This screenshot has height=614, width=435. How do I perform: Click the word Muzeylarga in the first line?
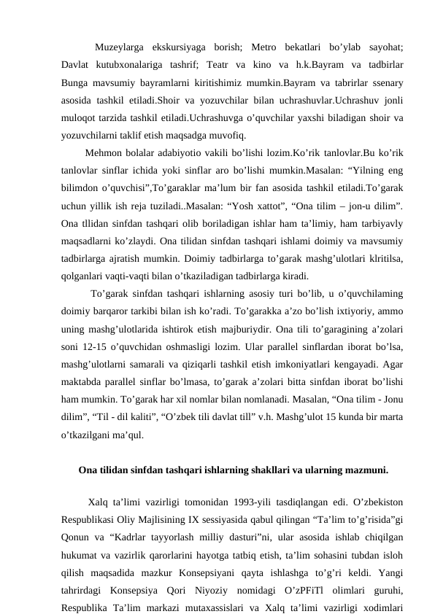point(120,48)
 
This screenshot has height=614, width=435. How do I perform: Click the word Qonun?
point(77,536)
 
